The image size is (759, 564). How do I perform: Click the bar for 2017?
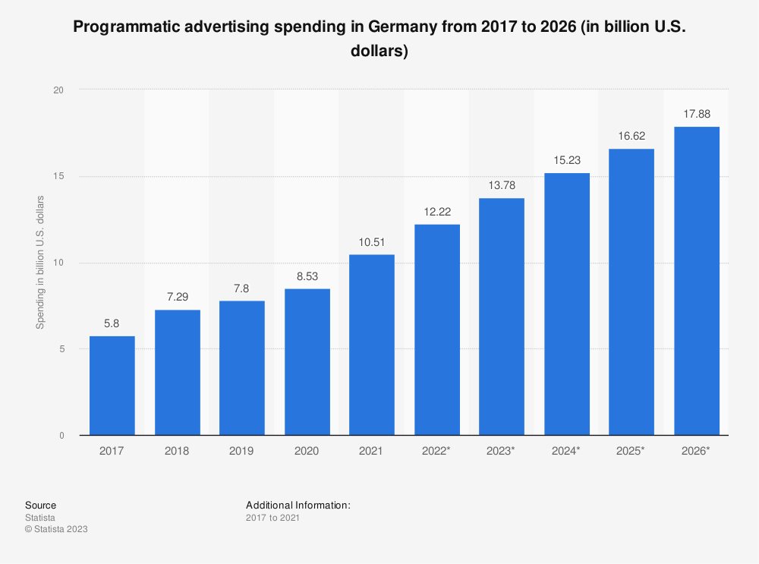pos(112,386)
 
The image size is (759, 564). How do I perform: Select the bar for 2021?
pos(371,345)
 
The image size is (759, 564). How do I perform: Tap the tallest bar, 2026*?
pos(696,281)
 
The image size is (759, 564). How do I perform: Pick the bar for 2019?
pos(241,368)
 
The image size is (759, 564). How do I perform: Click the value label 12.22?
pos(436,211)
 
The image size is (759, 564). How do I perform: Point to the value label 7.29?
pos(177,297)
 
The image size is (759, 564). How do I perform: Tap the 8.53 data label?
pos(307,276)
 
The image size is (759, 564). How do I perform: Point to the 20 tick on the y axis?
pos(58,90)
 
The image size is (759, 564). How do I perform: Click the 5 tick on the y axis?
pos(61,349)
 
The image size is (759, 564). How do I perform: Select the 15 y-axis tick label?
pos(58,177)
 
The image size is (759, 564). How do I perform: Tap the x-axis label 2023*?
pos(501,451)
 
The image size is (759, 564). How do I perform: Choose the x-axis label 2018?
pos(177,451)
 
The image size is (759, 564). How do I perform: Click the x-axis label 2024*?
pos(566,451)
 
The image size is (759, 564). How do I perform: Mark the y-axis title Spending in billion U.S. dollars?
pos(41,263)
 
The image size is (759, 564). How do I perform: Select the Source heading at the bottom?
pos(40,505)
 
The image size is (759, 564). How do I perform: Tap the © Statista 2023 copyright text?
pos(56,529)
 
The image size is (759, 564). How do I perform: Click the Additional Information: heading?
pos(298,505)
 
